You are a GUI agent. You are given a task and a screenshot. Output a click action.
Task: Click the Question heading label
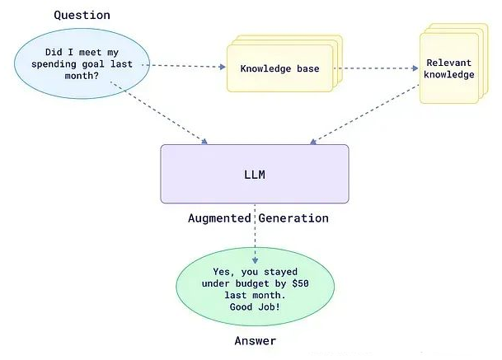click(82, 15)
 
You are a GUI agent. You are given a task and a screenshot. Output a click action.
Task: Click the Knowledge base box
click(279, 68)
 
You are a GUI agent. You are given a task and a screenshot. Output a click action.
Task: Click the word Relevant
click(449, 63)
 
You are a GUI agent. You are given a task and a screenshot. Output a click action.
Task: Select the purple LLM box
click(254, 174)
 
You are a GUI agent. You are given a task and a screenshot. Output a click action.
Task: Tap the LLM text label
click(254, 175)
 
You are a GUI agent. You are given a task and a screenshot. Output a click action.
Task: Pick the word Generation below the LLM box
click(293, 218)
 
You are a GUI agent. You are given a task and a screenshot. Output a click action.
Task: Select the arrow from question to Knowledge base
click(188, 65)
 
